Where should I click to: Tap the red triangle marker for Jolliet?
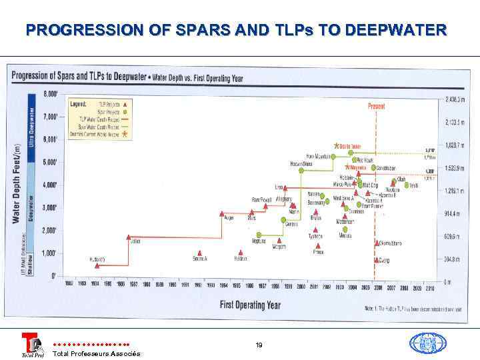(x=129, y=237)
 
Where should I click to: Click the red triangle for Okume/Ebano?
(x=377, y=243)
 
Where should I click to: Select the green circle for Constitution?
(x=373, y=169)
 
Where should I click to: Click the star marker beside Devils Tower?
(x=337, y=145)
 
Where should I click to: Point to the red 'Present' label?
(x=377, y=106)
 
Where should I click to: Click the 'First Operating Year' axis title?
(x=250, y=305)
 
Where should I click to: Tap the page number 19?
(x=259, y=345)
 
